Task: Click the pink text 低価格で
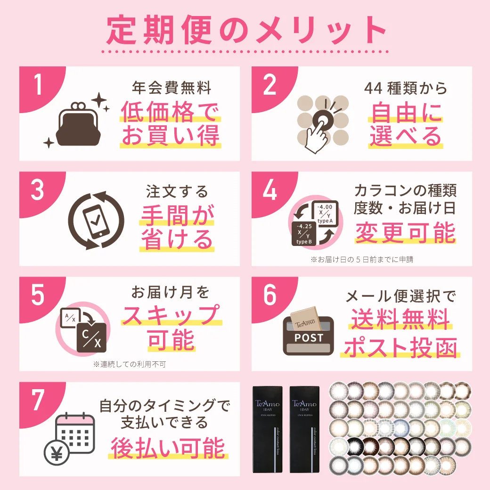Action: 170,112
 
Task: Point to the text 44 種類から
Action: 405,88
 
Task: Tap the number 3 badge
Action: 38,191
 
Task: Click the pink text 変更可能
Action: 405,232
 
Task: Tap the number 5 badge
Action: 38,296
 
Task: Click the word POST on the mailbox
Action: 309,337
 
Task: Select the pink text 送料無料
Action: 400,321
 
